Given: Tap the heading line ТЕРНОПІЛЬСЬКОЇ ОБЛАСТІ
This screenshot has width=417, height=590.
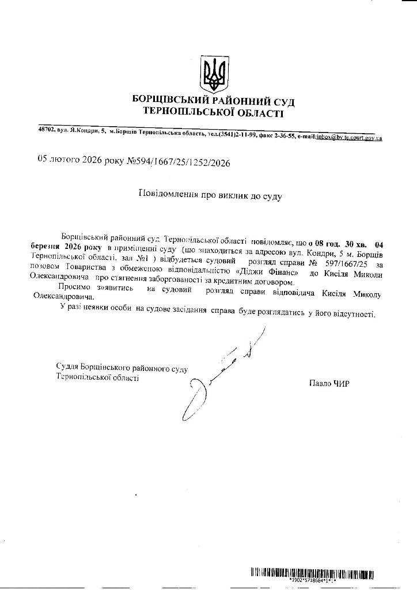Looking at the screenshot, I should tap(214, 112).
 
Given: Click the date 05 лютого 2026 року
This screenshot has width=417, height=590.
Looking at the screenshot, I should tap(81, 161).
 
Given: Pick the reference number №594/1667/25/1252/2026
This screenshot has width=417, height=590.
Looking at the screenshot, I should tap(178, 163).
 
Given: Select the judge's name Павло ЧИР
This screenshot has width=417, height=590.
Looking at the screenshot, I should tap(329, 383).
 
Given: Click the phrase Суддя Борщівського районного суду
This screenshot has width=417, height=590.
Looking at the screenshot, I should tap(122, 367).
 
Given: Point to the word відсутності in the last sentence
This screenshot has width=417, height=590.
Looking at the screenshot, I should tap(354, 315).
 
